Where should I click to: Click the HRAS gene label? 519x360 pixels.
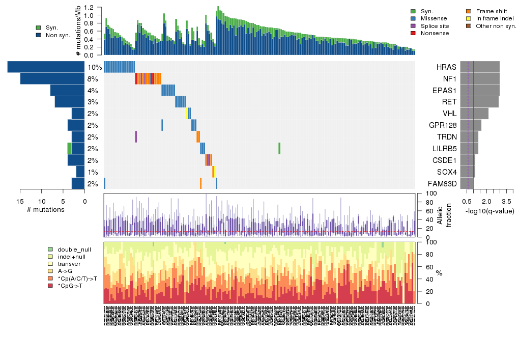click(446, 67)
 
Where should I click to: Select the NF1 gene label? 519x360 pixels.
click(449, 79)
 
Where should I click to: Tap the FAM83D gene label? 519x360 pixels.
click(443, 183)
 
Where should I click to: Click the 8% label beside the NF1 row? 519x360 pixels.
click(93, 79)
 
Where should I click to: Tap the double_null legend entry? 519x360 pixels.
click(74, 250)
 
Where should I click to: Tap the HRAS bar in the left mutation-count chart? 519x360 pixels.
click(46, 67)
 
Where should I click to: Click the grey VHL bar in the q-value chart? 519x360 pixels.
click(474, 114)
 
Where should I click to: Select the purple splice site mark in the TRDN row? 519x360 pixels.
click(136, 137)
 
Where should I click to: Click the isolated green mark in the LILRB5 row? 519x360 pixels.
click(279, 148)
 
